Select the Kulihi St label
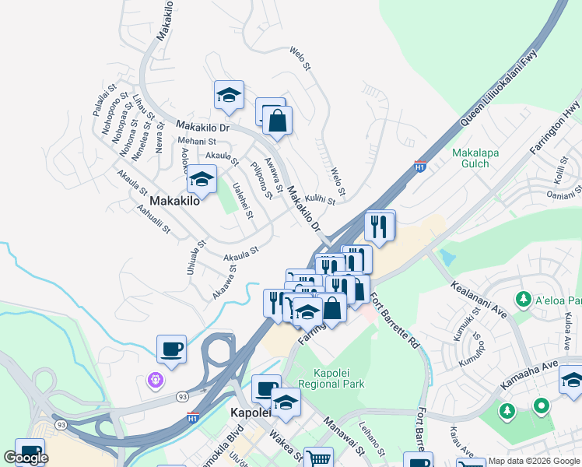[x=320, y=200]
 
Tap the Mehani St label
[x=201, y=142]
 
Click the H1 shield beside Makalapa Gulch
[x=420, y=167]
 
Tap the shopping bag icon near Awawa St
[x=276, y=120]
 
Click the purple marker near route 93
[x=155, y=379]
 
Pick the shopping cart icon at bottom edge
[x=317, y=458]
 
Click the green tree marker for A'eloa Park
[x=524, y=299]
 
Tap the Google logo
[x=26, y=458]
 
